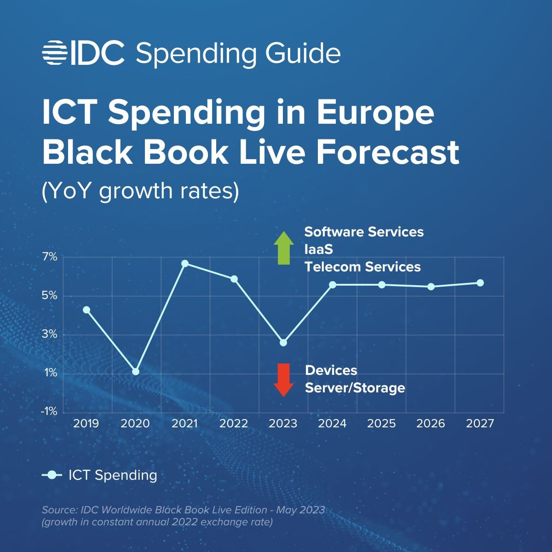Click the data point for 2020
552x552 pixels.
[136, 372]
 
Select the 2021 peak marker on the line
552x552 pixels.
[185, 264]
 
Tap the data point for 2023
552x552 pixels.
[283, 343]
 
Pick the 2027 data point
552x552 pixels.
[480, 283]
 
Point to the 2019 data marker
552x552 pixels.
[86, 310]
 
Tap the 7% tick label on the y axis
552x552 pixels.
[50, 257]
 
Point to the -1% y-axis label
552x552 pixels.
[49, 411]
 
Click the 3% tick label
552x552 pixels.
[50, 334]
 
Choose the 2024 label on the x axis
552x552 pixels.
[332, 423]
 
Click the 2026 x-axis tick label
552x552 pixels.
[431, 423]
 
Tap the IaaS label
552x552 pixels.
[318, 249]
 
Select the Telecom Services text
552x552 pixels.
[362, 267]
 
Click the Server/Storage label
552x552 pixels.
[355, 388]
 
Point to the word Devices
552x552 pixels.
[331, 370]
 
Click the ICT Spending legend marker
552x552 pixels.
[52, 475]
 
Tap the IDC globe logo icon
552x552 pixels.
[55, 52]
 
